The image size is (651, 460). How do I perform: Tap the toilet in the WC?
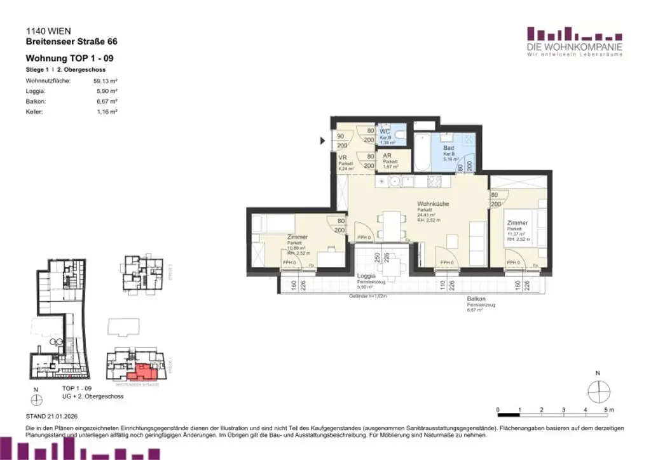tap(399, 135)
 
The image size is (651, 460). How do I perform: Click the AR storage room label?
tap(387, 156)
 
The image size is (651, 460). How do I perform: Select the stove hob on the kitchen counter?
tap(436, 180)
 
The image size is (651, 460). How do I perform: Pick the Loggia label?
tap(366, 276)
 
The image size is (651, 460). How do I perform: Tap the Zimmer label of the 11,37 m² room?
tap(517, 223)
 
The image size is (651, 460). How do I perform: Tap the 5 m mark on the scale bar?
tap(605, 410)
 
